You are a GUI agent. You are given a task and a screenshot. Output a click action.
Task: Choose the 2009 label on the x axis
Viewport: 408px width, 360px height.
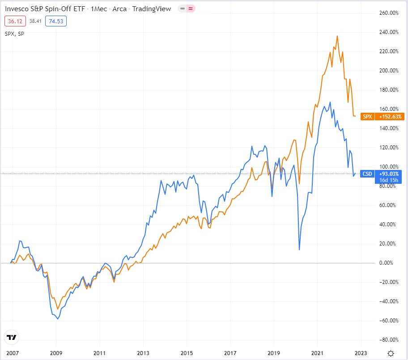coord(56,353)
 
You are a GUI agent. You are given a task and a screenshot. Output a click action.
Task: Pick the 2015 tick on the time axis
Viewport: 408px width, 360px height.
coord(187,353)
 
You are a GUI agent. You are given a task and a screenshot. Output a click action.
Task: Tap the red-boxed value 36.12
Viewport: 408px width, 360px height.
coord(13,21)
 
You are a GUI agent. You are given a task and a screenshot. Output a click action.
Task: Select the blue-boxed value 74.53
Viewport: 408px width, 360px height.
coord(56,21)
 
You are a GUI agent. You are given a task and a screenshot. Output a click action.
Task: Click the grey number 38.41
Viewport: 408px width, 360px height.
coord(35,21)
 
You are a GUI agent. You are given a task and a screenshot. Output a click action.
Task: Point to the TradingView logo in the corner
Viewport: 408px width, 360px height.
coord(12,338)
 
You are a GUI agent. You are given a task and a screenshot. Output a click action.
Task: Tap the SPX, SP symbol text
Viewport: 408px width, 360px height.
coord(15,34)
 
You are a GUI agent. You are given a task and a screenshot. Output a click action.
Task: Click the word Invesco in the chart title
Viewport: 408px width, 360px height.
coord(17,8)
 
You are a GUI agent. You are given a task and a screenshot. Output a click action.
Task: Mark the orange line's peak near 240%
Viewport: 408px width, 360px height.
coord(337,36)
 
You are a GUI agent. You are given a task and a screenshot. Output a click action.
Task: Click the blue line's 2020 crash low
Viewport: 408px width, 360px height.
coord(299,250)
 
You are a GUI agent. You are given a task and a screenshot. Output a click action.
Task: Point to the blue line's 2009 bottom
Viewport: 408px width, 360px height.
coord(58,319)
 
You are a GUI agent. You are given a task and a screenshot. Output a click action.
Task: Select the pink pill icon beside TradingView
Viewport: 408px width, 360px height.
coord(191,8)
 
